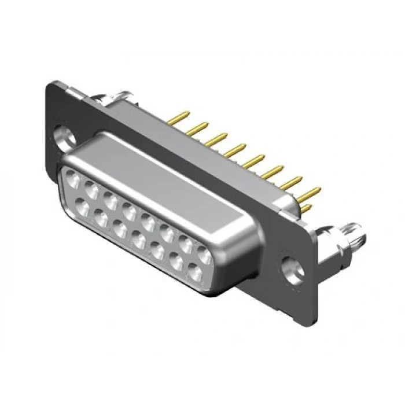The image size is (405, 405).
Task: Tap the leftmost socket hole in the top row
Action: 74,178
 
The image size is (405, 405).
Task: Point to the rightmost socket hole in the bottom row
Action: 194,273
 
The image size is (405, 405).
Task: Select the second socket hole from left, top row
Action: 92,188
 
